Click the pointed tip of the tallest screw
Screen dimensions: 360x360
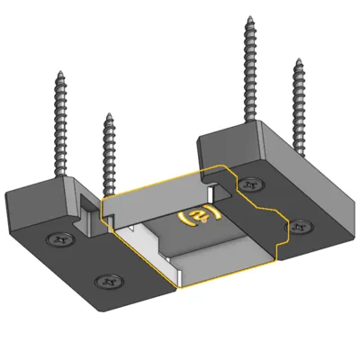coord(249,17)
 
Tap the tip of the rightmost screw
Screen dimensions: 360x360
coord(299,59)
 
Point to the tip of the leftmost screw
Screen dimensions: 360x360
coord(60,72)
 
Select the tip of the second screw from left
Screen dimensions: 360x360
coord(109,114)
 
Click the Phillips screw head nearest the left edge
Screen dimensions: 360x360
coord(61,239)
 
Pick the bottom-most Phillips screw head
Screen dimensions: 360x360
coord(109,281)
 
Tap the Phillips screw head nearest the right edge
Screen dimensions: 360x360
coord(299,226)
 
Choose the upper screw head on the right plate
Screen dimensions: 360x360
coord(250,184)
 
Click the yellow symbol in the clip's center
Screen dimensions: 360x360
coord(200,216)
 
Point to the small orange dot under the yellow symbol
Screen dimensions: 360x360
coord(204,220)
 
